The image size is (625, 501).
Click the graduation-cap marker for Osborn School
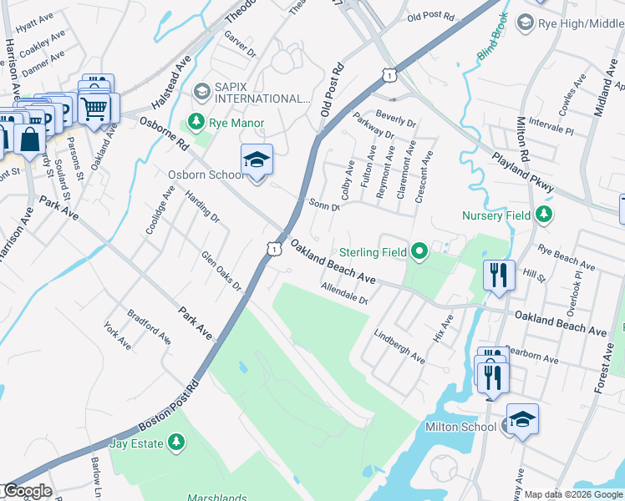pyautogui.click(x=257, y=161)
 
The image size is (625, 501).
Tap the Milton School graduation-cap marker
pyautogui.click(x=522, y=420)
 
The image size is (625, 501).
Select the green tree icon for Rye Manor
pyautogui.click(x=196, y=123)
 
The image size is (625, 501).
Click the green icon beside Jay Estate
pyautogui.click(x=176, y=442)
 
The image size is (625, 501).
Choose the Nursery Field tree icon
pyautogui.click(x=544, y=215)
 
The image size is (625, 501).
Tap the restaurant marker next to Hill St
pyautogui.click(x=498, y=276)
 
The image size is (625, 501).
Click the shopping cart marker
pyautogui.click(x=94, y=108)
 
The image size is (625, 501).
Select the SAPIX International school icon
pyautogui.click(x=201, y=90)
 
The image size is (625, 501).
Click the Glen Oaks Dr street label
pyautogui.click(x=221, y=272)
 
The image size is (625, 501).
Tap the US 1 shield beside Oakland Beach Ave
pyautogui.click(x=272, y=248)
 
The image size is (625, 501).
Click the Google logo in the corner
pyautogui.click(x=28, y=491)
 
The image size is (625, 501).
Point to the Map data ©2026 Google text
pyautogui.click(x=573, y=494)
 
